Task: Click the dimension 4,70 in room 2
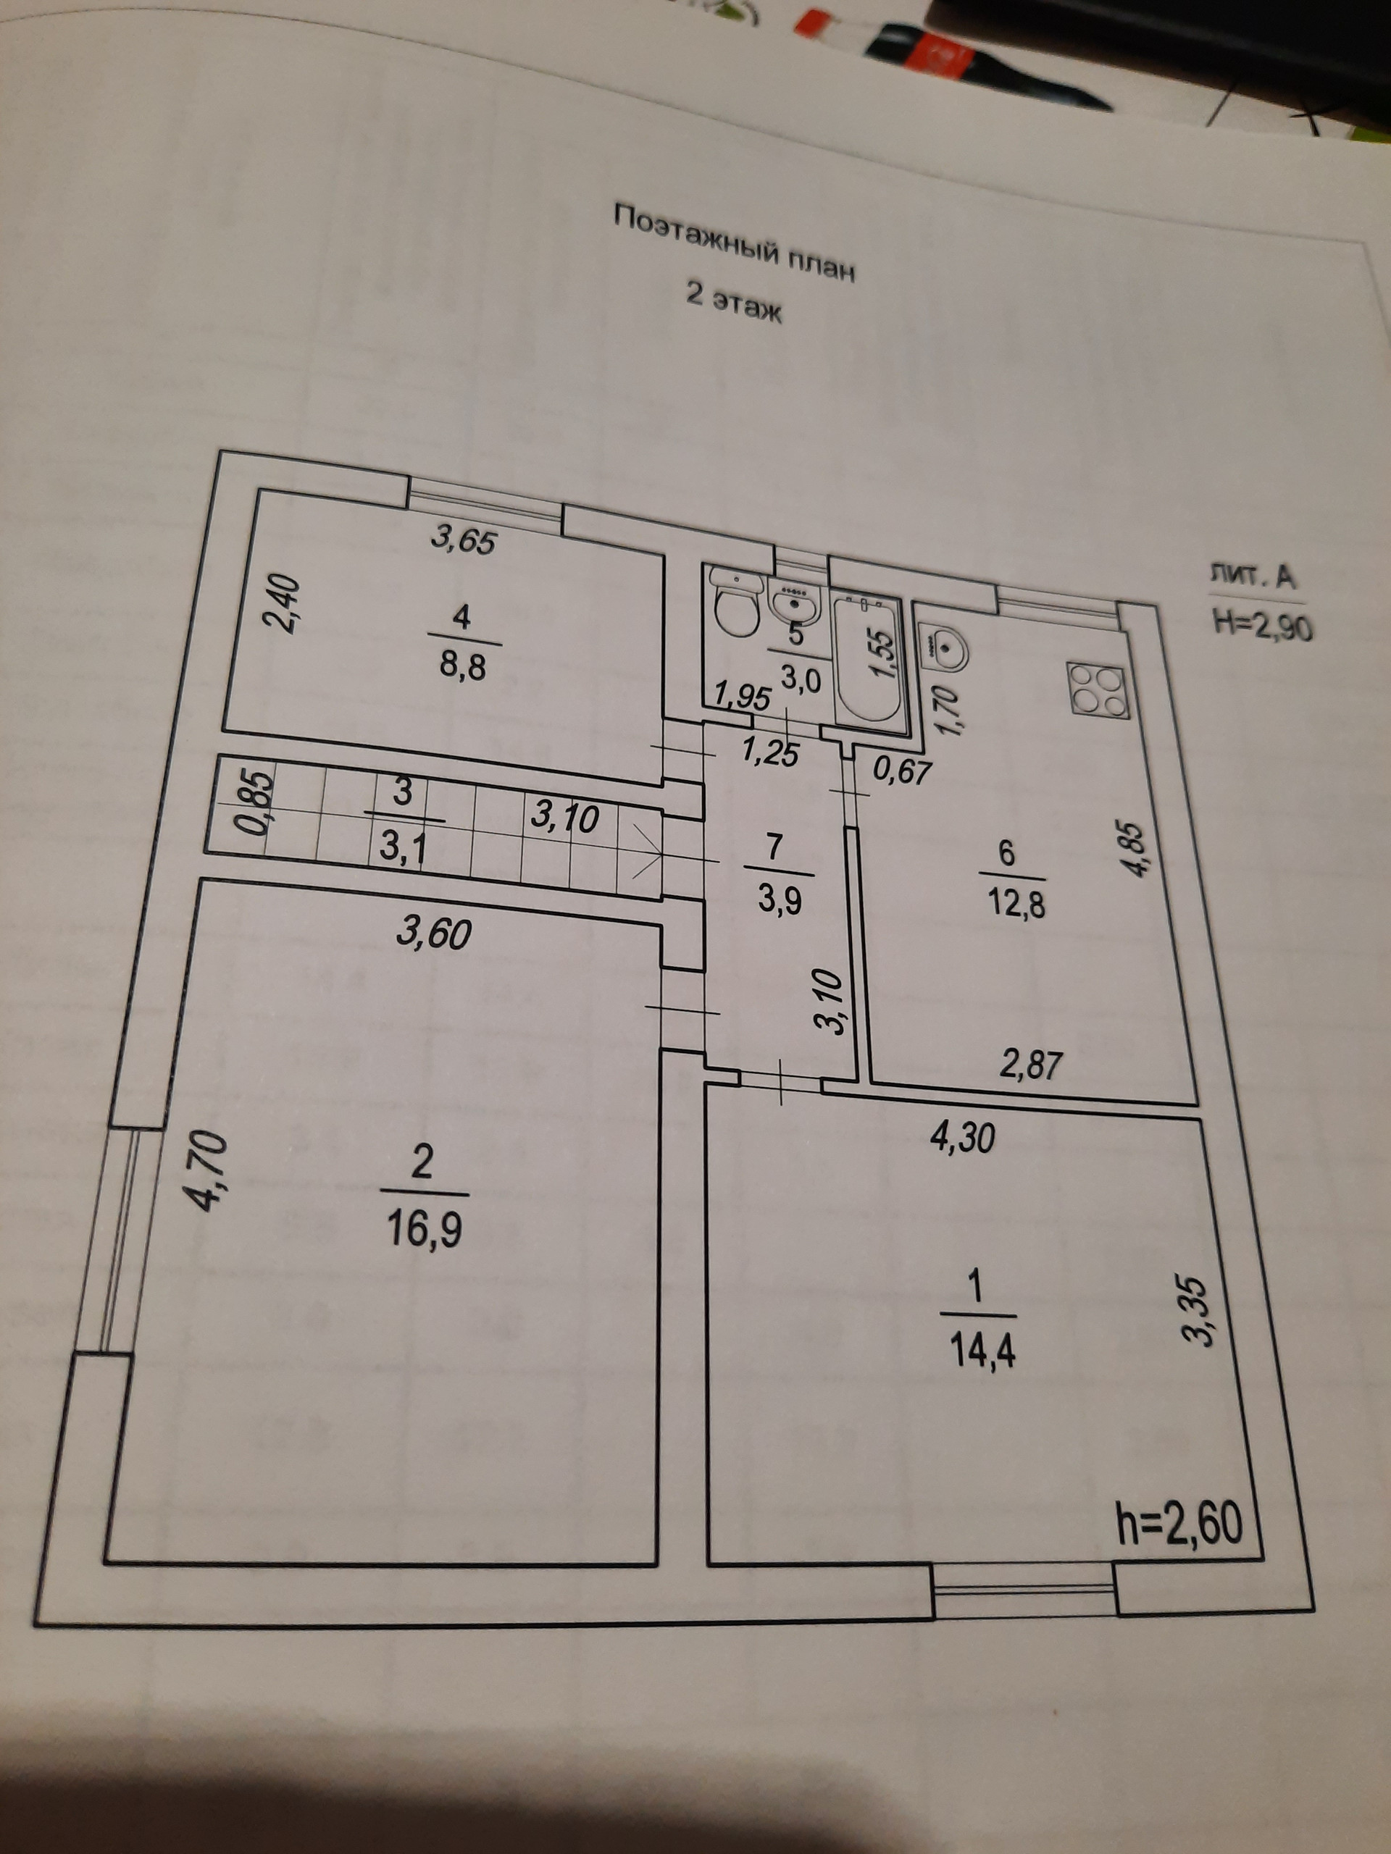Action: pyautogui.click(x=207, y=1172)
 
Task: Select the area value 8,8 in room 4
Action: pyautogui.click(x=463, y=668)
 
